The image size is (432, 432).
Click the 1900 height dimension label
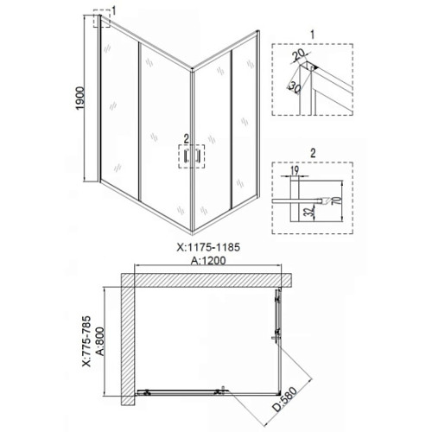click(80, 98)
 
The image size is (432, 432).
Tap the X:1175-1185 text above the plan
click(208, 247)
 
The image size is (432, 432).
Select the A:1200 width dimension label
click(208, 261)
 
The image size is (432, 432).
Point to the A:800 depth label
click(100, 341)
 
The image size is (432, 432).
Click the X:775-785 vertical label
click(86, 341)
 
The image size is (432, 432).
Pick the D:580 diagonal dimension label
click(284, 399)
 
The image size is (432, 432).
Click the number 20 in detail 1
click(298, 55)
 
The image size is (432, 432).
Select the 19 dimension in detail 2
click(295, 170)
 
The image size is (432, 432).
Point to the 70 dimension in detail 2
click(336, 200)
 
